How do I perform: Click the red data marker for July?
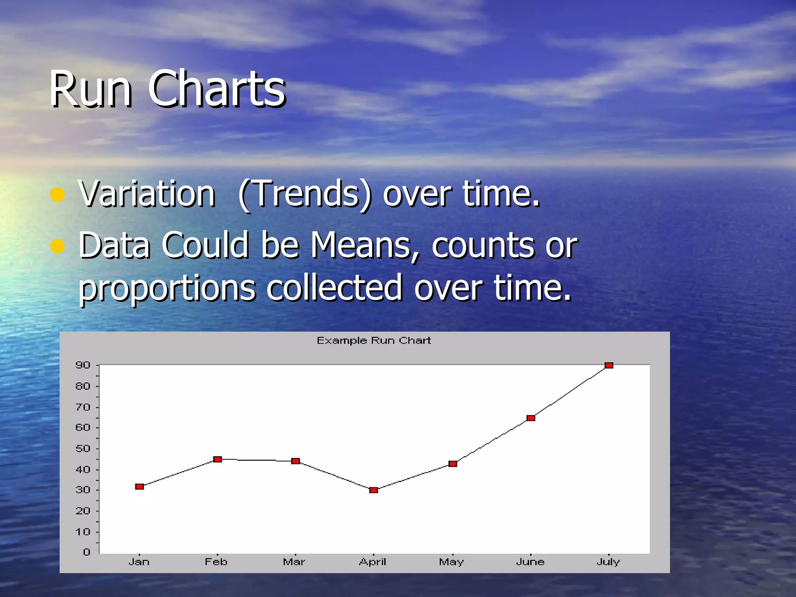(x=609, y=365)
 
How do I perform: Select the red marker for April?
(x=374, y=490)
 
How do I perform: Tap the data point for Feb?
(x=218, y=459)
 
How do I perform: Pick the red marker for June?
(x=531, y=418)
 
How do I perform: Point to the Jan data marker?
(x=140, y=487)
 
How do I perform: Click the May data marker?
(x=453, y=464)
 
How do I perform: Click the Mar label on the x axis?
(x=294, y=562)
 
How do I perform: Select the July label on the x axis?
(x=608, y=562)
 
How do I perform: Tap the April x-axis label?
(x=372, y=562)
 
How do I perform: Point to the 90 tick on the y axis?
(x=83, y=365)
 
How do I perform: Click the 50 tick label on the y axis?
(x=83, y=449)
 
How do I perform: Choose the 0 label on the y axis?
(x=87, y=552)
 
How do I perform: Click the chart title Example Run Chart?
(x=374, y=341)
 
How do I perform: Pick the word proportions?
(x=167, y=288)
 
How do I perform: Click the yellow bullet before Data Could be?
(x=58, y=246)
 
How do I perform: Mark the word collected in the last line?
(x=334, y=288)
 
